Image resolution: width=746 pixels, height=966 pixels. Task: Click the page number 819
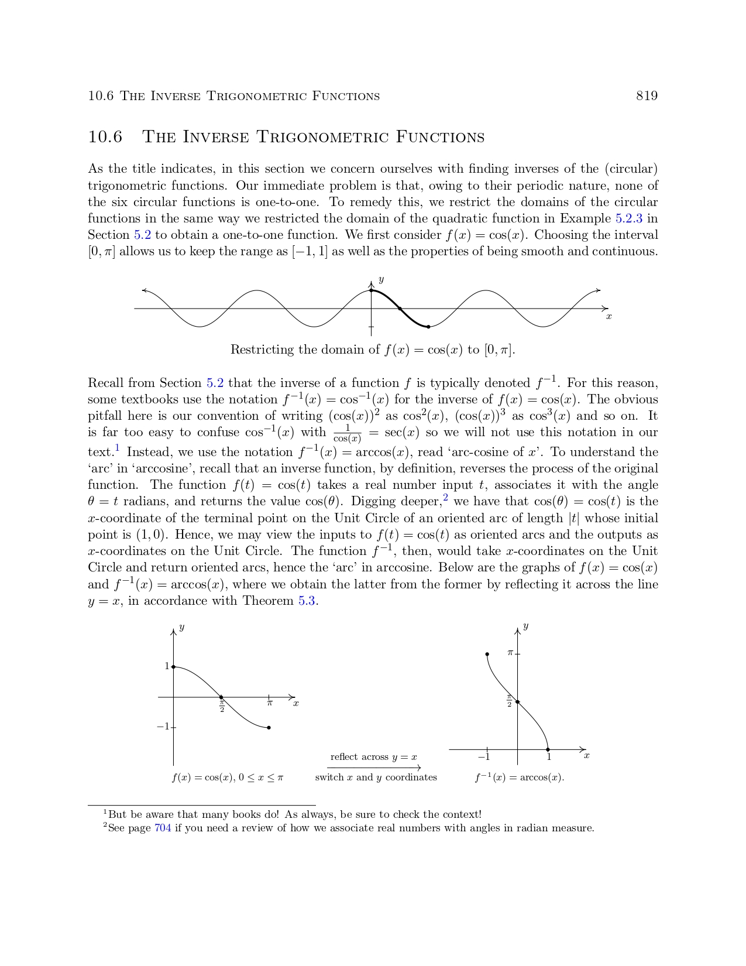(x=647, y=96)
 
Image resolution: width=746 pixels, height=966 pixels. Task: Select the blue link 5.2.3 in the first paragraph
(x=628, y=218)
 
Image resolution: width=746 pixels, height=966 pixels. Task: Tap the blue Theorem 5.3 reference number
(x=307, y=601)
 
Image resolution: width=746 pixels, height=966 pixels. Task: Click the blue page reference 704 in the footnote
(x=163, y=828)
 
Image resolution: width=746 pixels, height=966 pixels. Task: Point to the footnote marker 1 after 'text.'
(x=117, y=448)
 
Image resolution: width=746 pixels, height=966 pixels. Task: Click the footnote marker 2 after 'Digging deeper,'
(x=445, y=498)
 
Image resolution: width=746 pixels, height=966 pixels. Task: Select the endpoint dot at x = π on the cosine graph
(x=269, y=728)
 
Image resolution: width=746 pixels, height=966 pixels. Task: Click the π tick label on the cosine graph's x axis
(x=270, y=703)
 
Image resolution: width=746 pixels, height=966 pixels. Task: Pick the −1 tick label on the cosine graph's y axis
(x=163, y=727)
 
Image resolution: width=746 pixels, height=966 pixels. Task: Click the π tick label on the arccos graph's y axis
(x=510, y=652)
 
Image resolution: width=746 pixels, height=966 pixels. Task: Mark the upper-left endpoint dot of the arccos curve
(x=487, y=654)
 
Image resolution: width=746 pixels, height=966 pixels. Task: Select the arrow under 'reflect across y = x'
(x=374, y=768)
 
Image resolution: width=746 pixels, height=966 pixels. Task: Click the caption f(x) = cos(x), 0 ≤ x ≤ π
(x=228, y=777)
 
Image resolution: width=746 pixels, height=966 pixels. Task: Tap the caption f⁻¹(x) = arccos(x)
(x=520, y=777)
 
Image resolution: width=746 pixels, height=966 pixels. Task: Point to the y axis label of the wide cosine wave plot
(x=381, y=280)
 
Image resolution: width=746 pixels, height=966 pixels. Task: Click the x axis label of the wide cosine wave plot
(x=609, y=317)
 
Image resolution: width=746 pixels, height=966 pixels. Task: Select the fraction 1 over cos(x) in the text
(x=347, y=434)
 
